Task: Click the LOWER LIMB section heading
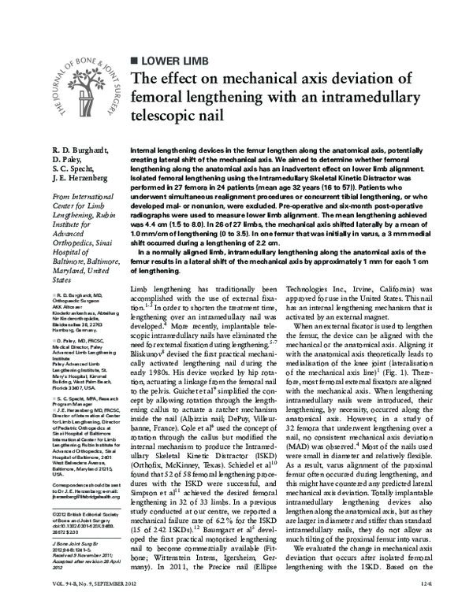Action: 177,60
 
